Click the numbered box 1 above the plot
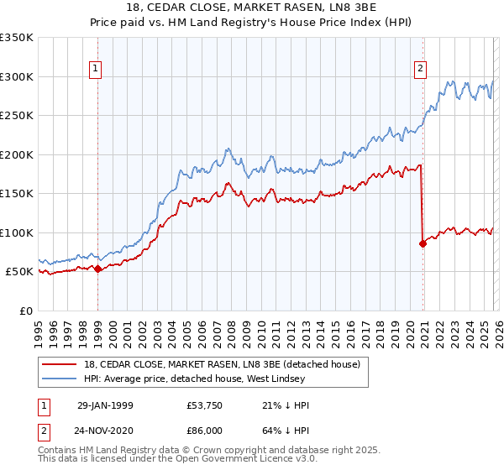(x=97, y=70)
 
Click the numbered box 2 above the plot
(x=420, y=70)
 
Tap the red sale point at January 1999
(x=98, y=269)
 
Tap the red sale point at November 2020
(x=423, y=244)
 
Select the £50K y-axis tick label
(x=19, y=272)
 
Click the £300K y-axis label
(x=17, y=76)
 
